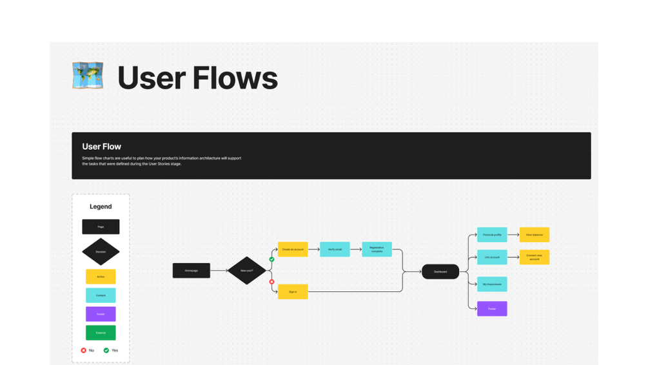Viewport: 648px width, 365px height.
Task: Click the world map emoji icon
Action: pyautogui.click(x=88, y=76)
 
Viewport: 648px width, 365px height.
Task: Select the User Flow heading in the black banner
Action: pyautogui.click(x=102, y=147)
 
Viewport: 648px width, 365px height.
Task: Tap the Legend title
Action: pyautogui.click(x=101, y=207)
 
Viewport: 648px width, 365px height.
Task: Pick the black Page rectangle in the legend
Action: pyautogui.click(x=101, y=227)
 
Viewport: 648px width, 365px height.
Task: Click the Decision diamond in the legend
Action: pyautogui.click(x=101, y=251)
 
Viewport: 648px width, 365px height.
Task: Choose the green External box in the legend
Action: pyautogui.click(x=101, y=333)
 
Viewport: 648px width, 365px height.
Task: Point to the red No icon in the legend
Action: pyautogui.click(x=84, y=350)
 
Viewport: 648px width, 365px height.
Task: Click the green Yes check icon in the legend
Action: pyautogui.click(x=106, y=350)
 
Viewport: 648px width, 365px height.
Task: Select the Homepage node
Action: pyautogui.click(x=191, y=271)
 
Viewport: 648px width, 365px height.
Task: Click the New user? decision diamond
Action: pyautogui.click(x=247, y=271)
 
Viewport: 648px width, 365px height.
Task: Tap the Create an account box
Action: pyautogui.click(x=293, y=249)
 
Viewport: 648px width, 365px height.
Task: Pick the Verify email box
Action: pyautogui.click(x=335, y=249)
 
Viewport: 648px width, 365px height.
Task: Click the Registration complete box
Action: pyautogui.click(x=377, y=249)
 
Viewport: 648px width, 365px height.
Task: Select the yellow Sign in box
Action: pyautogui.click(x=293, y=292)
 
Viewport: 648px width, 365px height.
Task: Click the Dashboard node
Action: pyautogui.click(x=440, y=272)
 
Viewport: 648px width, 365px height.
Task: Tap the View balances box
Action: pyautogui.click(x=535, y=235)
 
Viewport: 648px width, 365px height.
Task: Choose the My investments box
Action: pyautogui.click(x=492, y=284)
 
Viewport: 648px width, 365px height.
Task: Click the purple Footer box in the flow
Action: pyautogui.click(x=492, y=309)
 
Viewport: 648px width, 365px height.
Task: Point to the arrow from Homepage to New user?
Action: pyautogui.click(x=219, y=271)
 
